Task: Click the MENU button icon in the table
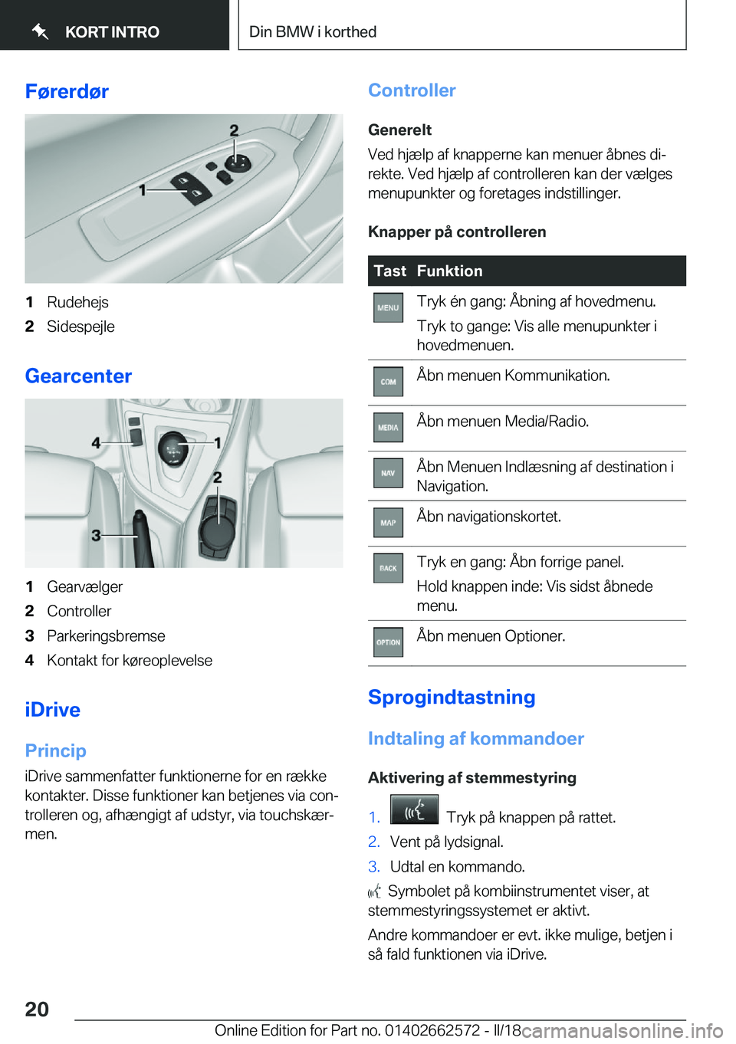coord(388,307)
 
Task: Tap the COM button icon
coord(388,382)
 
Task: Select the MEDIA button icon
coord(388,428)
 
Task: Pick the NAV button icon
coord(388,474)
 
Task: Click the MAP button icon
coord(388,523)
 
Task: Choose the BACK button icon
coord(388,569)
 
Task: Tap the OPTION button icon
coord(388,642)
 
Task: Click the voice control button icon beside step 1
coord(414,810)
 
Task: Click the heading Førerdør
coord(67,92)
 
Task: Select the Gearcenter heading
coord(78,376)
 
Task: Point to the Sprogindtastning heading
coord(452,698)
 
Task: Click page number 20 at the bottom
coord(37,1010)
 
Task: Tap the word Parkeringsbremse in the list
coord(106,636)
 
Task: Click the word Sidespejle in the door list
coord(80,327)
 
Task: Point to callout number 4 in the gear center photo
coord(96,443)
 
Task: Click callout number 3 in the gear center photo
coord(96,535)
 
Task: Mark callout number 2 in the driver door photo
coord(234,131)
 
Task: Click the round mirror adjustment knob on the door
coord(237,162)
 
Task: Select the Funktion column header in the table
coord(449,271)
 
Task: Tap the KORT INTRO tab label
coord(112,32)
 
